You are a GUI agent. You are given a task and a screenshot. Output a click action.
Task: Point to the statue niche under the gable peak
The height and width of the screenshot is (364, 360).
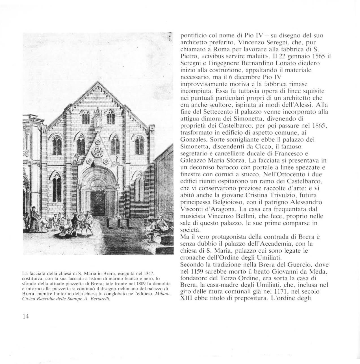click(98, 119)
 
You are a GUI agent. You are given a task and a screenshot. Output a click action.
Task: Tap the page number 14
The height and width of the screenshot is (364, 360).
click(25, 316)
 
